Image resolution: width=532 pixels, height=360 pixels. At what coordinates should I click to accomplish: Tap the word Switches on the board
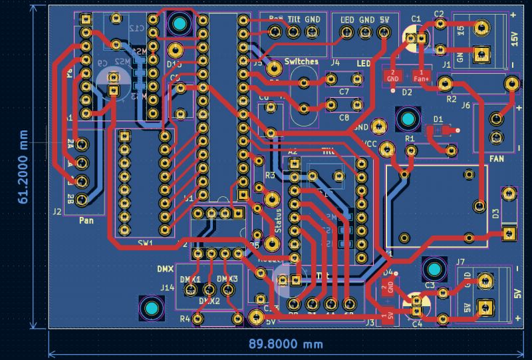(301, 62)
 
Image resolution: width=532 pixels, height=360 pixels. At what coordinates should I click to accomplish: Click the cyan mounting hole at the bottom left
(150, 309)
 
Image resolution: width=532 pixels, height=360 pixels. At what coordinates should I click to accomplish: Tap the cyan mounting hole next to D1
(406, 119)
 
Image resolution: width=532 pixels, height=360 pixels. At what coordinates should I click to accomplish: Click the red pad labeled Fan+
(420, 75)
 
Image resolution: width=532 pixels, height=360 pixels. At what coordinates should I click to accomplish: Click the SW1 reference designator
(145, 243)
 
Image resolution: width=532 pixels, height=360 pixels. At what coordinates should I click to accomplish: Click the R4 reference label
(186, 319)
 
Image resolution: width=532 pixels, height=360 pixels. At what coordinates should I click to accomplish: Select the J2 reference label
(57, 212)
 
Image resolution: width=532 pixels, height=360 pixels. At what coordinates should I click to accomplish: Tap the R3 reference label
(269, 176)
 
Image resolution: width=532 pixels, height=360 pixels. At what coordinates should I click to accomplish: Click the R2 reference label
(452, 99)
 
